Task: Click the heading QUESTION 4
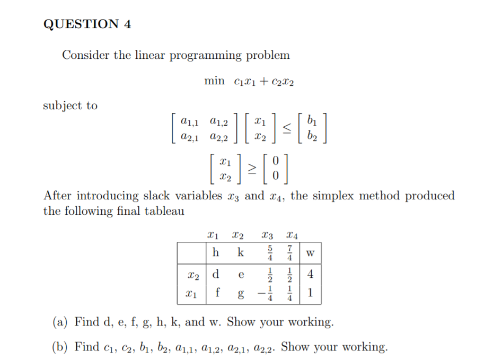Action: [x=87, y=24]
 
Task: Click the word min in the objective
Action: [x=215, y=81]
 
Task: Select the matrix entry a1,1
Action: [x=189, y=122]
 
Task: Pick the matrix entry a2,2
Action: [x=219, y=137]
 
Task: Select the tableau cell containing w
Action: [x=311, y=253]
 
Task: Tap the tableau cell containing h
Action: [x=215, y=253]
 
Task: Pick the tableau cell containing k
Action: [x=240, y=253]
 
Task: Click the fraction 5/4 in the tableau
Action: [x=270, y=253]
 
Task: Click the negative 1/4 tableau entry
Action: [x=266, y=294]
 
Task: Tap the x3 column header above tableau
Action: [x=268, y=234]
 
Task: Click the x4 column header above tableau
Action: [x=291, y=234]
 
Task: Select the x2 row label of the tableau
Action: [x=193, y=276]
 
